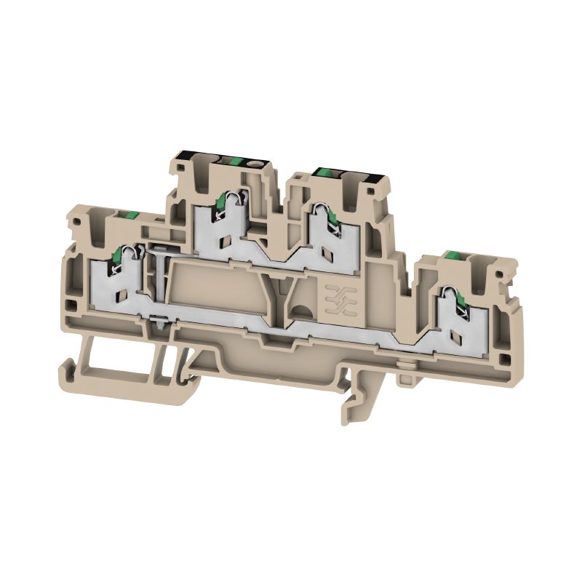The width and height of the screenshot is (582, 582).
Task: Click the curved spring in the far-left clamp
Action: click(119, 260)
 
